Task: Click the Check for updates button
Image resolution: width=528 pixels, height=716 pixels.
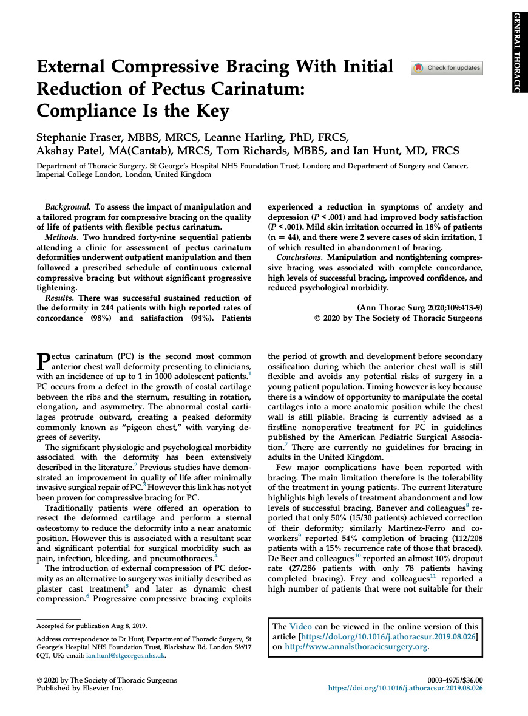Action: coord(447,68)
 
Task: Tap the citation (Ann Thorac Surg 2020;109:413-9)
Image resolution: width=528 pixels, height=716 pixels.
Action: coord(420,308)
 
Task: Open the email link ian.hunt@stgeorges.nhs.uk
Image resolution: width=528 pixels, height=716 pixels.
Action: coord(134,656)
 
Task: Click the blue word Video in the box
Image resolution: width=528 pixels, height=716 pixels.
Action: coord(301,627)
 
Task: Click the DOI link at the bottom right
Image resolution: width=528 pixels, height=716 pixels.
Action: coord(405,689)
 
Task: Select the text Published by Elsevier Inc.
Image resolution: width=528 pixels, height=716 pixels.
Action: coord(80,689)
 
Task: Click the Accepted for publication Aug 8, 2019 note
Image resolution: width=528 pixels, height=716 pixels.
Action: coord(91,626)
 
